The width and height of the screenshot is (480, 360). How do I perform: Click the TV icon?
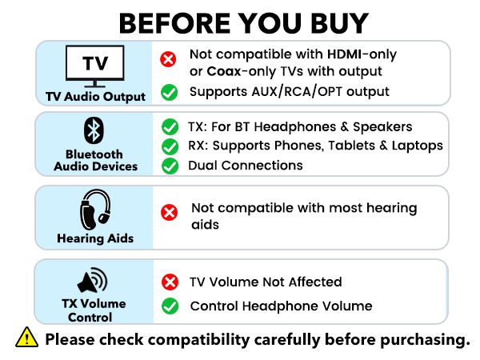[x=94, y=67]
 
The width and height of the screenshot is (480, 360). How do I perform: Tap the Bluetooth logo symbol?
[x=94, y=130]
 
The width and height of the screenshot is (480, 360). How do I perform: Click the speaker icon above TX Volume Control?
[x=94, y=281]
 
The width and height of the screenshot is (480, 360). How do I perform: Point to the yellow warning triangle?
[x=26, y=338]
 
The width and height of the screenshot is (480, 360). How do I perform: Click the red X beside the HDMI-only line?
[x=169, y=58]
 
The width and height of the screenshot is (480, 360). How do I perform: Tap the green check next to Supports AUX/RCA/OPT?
[x=169, y=92]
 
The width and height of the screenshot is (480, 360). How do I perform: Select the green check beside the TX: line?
[x=169, y=126]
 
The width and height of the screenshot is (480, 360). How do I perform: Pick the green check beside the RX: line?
[x=169, y=146]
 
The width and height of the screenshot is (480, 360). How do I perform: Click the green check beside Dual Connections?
[x=169, y=166]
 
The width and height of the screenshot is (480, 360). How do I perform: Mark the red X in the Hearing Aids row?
[x=169, y=212]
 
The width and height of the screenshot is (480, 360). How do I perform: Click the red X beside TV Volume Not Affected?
[x=169, y=282]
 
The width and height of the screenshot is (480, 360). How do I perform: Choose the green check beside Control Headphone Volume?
[x=169, y=306]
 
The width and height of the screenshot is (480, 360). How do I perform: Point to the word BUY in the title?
[x=330, y=22]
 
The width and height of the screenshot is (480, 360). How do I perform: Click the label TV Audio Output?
[x=95, y=97]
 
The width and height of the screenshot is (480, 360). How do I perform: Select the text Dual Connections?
[x=246, y=166]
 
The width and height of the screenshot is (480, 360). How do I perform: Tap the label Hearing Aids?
[x=94, y=238]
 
